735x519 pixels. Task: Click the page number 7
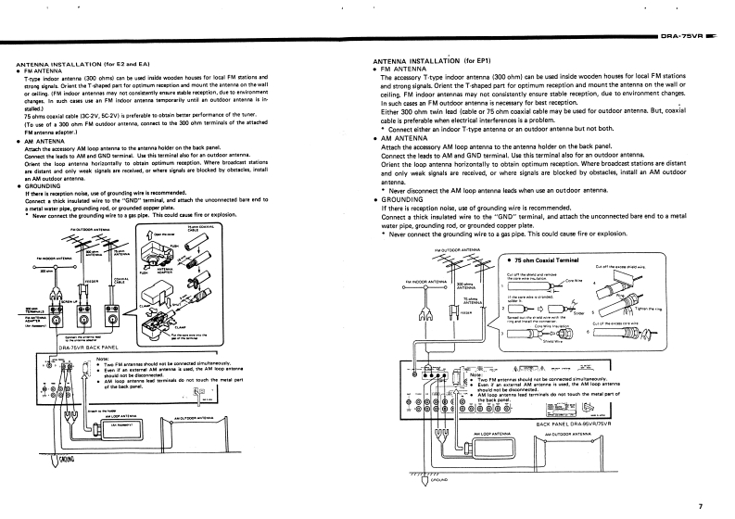click(701, 506)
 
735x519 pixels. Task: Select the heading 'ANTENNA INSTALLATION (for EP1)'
click(425, 59)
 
